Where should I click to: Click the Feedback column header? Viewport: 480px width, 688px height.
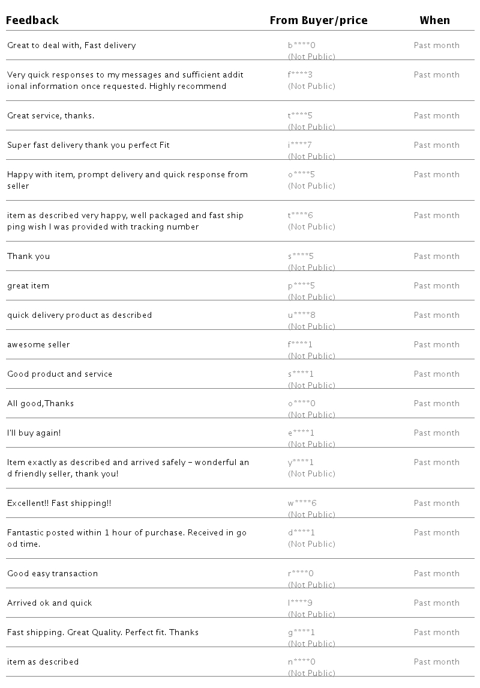[x=32, y=20]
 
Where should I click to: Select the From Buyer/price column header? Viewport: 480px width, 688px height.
[x=318, y=20]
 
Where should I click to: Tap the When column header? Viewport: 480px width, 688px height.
[x=434, y=20]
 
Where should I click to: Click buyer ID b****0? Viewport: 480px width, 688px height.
[x=302, y=46]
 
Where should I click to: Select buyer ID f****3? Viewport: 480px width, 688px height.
[x=301, y=75]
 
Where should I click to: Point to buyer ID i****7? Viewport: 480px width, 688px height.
[x=300, y=145]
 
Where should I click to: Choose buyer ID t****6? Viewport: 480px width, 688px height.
[x=301, y=216]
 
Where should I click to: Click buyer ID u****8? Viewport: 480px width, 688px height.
[x=302, y=315]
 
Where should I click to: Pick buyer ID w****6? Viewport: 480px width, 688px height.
[x=302, y=504]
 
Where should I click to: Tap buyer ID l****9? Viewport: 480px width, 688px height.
[x=300, y=603]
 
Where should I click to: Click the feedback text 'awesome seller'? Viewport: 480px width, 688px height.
[x=38, y=345]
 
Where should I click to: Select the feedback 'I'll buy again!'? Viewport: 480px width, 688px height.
[x=34, y=433]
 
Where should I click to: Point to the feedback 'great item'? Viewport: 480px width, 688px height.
[x=28, y=286]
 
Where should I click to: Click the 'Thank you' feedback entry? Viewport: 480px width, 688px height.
[x=29, y=257]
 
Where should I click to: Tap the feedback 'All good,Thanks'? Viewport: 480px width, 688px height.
[x=40, y=404]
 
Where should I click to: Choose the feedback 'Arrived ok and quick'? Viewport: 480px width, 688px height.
[x=50, y=603]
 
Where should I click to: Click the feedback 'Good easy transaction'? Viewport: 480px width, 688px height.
[x=52, y=574]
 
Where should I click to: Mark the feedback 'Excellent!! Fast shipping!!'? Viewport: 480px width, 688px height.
[x=59, y=504]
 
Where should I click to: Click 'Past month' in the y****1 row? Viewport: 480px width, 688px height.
[x=437, y=463]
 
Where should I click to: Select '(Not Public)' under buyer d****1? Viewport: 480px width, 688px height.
[x=311, y=544]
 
